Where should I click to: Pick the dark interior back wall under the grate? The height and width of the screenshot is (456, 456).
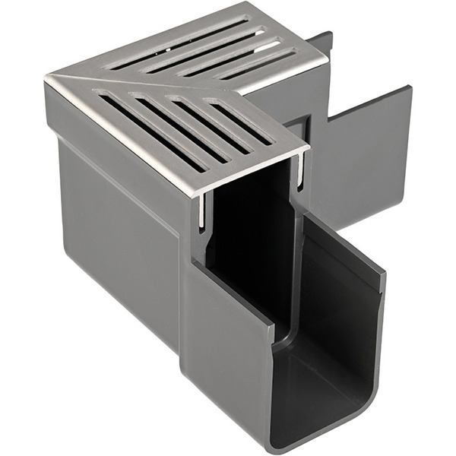click(251, 228)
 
